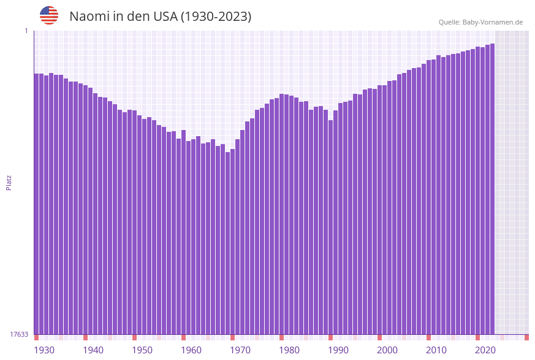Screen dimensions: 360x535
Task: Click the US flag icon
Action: tap(49, 15)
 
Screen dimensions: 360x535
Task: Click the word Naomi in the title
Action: tap(89, 17)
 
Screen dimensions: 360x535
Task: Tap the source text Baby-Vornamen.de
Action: tap(493, 22)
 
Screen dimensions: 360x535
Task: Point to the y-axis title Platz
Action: tap(9, 182)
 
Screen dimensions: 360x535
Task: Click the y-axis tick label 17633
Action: tap(19, 334)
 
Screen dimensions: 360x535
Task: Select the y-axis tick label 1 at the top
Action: tap(26, 31)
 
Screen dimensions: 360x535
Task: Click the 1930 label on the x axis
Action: tap(44, 350)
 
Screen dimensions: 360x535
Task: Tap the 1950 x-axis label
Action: tap(142, 350)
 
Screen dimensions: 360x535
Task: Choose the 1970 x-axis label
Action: tap(240, 350)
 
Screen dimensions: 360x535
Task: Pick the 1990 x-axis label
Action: tap(338, 350)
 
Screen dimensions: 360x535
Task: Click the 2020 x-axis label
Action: tap(485, 350)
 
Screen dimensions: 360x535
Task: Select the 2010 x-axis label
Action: tap(436, 350)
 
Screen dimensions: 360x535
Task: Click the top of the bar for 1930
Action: tap(36, 74)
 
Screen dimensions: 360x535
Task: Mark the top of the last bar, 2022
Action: tap(492, 44)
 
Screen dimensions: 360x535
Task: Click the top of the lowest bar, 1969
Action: tap(227, 153)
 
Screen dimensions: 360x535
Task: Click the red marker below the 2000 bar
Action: tap(379, 337)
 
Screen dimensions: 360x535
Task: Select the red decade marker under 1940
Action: tap(85, 337)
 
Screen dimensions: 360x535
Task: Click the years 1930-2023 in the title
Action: tap(215, 17)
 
